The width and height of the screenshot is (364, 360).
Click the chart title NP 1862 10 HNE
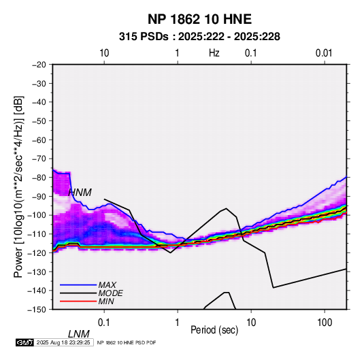[199, 19]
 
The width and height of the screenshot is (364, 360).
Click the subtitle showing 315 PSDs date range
[199, 37]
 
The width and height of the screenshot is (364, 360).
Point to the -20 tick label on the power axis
[39, 65]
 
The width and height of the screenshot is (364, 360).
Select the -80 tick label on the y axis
[39, 178]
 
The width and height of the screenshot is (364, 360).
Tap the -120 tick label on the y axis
[37, 252]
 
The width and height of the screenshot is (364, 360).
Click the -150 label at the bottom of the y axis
[37, 310]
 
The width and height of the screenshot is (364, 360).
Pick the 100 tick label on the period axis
[325, 323]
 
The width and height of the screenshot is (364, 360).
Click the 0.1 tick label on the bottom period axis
[104, 323]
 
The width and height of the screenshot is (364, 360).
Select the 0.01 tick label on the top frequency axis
[324, 53]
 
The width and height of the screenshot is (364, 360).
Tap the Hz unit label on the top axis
[214, 53]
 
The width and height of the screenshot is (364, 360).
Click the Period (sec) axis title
[214, 330]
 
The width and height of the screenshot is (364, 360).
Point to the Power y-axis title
[18, 187]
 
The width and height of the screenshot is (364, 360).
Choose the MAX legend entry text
[107, 285]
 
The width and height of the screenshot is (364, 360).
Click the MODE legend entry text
[110, 293]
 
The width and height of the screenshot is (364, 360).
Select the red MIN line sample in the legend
[78, 301]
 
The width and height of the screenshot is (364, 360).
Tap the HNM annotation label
[80, 193]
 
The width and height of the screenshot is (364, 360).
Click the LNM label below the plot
[79, 334]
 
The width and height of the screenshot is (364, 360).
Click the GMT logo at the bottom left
[25, 342]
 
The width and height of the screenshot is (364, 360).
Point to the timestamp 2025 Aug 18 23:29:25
[63, 342]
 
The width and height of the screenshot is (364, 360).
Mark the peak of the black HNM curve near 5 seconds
[226, 208]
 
